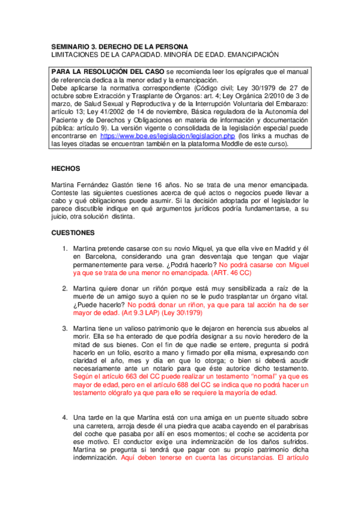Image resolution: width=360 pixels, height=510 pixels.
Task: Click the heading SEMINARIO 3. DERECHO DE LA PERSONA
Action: [x=118, y=46]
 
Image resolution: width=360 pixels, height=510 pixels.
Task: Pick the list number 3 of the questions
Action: [x=66, y=328]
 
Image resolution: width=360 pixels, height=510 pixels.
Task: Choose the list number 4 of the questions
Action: [x=66, y=417]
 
